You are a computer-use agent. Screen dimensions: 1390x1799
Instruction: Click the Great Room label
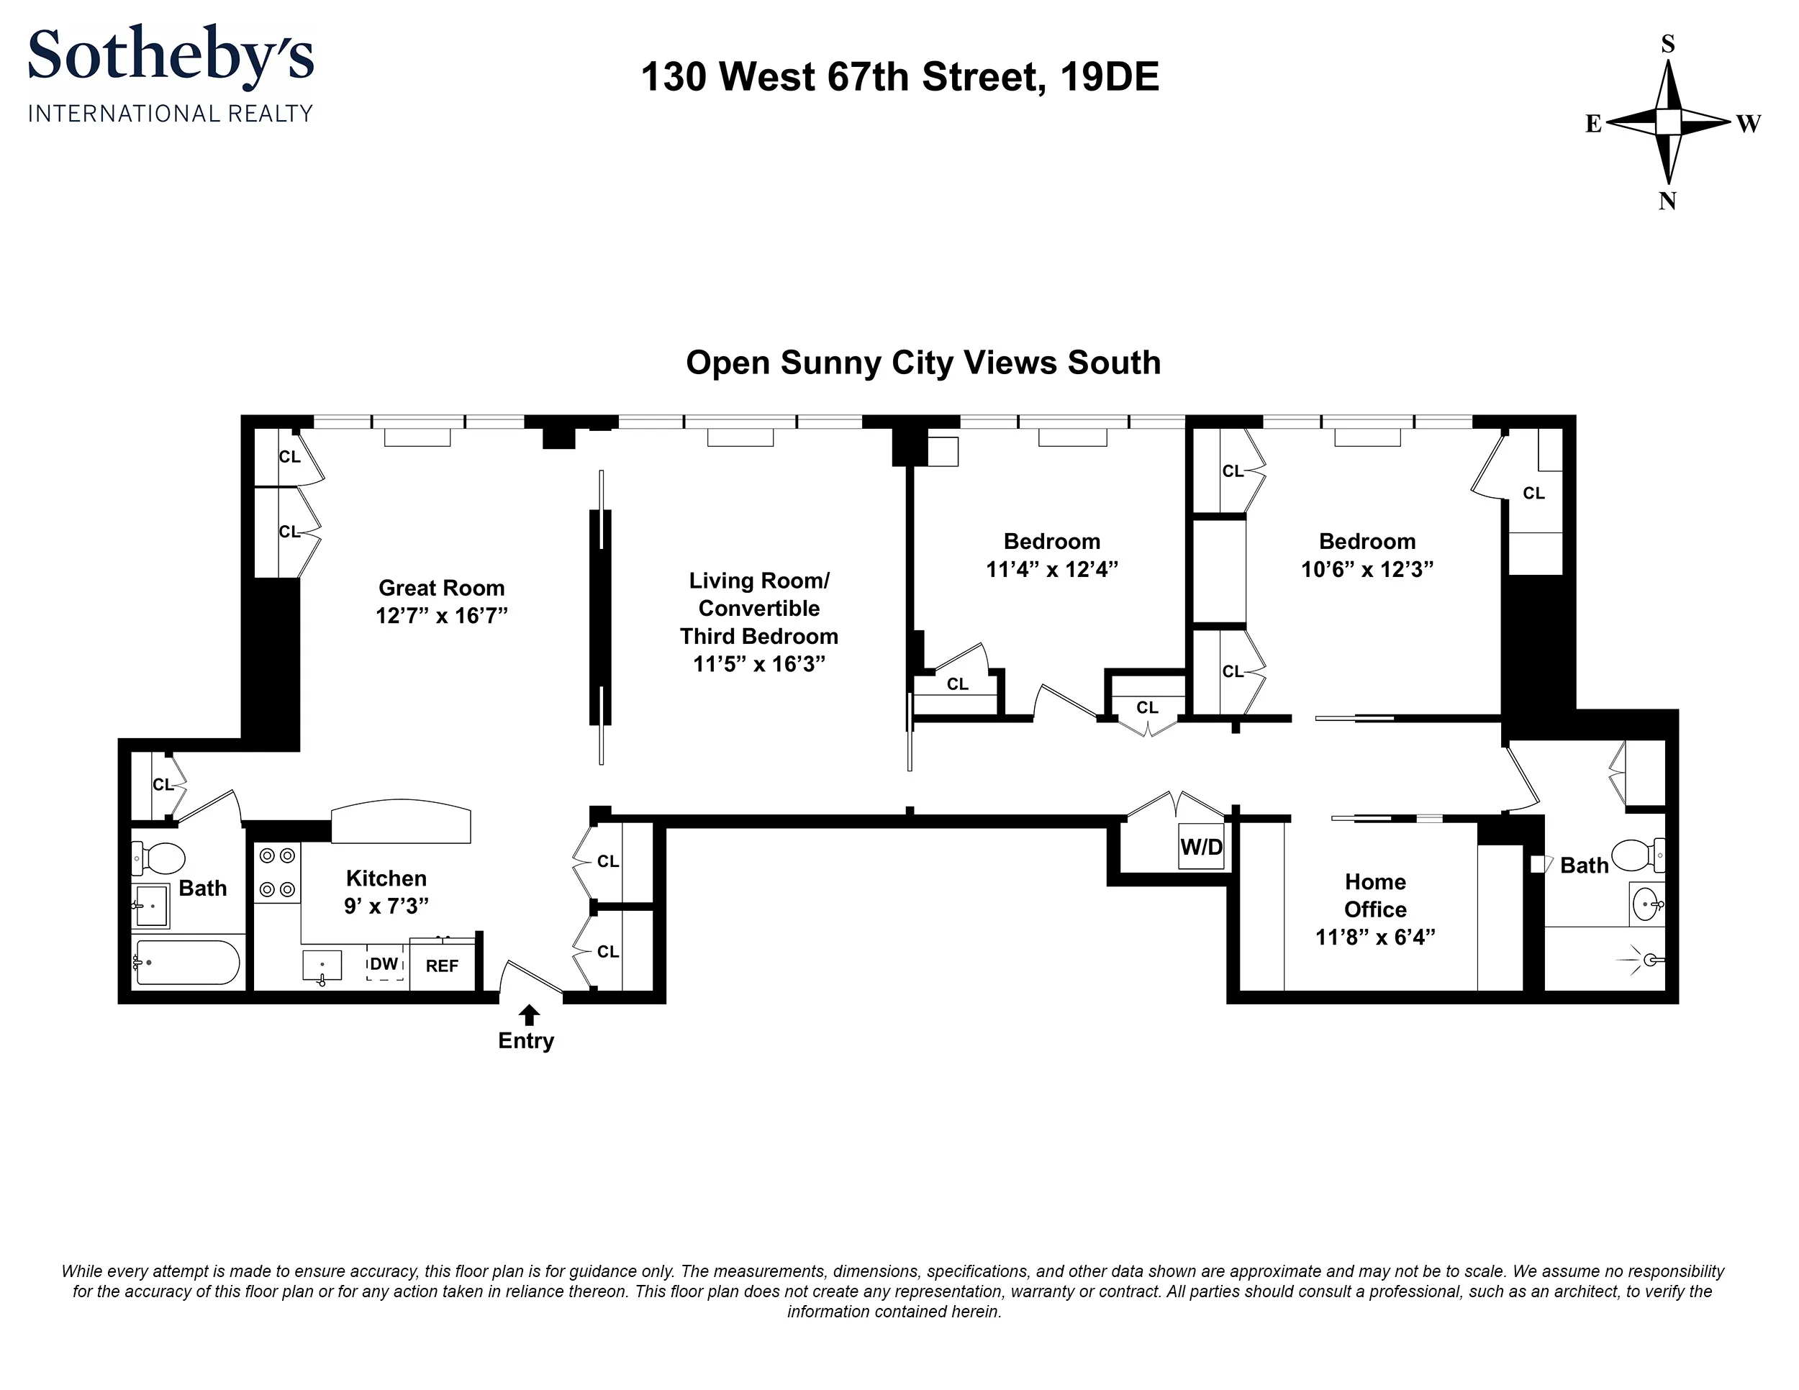click(442, 588)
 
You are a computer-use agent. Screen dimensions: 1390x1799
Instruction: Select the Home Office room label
click(1374, 896)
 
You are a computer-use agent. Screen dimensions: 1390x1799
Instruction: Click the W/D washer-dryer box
click(1201, 847)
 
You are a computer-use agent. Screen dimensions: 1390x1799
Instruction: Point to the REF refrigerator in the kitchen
click(443, 966)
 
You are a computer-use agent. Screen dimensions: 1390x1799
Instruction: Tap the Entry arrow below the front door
click(529, 1014)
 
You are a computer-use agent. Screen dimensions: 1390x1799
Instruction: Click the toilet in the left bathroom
click(160, 858)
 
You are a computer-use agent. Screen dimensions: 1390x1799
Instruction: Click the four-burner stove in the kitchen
click(277, 873)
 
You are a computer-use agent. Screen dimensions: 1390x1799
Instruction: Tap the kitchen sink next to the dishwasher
click(322, 965)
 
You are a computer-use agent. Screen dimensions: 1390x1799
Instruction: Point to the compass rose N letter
click(1667, 201)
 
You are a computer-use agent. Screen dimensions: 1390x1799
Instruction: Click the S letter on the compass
click(1668, 45)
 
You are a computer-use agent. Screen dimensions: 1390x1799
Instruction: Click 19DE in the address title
click(1110, 78)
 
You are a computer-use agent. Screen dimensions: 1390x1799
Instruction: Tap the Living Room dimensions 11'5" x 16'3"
click(758, 664)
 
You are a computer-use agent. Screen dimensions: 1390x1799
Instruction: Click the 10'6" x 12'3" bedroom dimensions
click(1367, 569)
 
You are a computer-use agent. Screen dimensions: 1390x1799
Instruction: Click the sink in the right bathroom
click(1646, 904)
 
